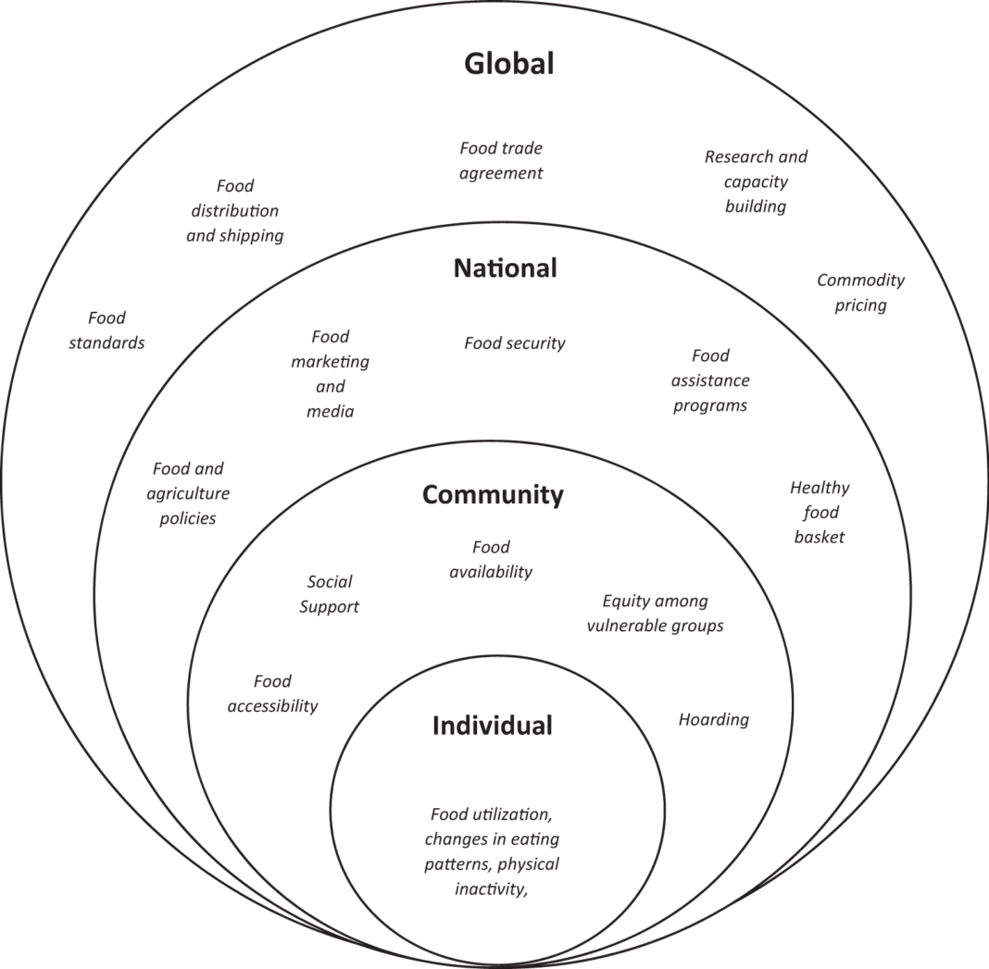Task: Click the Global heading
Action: [x=509, y=64]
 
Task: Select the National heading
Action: [x=506, y=268]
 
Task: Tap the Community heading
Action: [x=493, y=495]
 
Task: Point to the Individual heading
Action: [x=492, y=725]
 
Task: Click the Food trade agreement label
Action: [x=501, y=160]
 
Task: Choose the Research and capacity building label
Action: [x=756, y=181]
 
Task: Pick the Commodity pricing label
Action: [x=861, y=292]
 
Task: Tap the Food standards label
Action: [x=106, y=329]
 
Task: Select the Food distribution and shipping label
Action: [x=234, y=211]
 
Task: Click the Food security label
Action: [x=515, y=343]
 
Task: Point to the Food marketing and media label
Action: [x=330, y=374]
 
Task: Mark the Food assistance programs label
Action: [x=710, y=380]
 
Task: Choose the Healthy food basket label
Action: [x=820, y=512]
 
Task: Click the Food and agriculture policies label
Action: [x=188, y=493]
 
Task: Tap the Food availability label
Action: [x=491, y=559]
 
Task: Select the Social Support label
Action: [x=330, y=594]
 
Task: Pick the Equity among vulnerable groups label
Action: [x=656, y=613]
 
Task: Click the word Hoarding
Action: [x=713, y=719]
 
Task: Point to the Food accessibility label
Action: [x=272, y=693]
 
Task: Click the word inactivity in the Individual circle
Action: [x=489, y=888]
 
